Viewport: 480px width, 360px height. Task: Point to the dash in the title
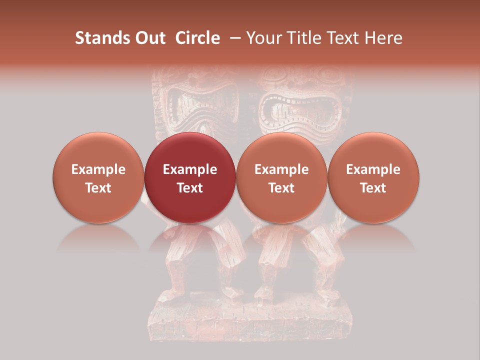pyautogui.click(x=233, y=38)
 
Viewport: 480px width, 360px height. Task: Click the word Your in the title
pyautogui.click(x=261, y=38)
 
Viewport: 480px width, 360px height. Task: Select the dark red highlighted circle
pyautogui.click(x=190, y=177)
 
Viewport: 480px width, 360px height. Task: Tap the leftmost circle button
pyautogui.click(x=98, y=177)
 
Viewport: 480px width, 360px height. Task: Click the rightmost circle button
pyautogui.click(x=373, y=177)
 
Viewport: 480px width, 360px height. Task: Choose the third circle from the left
pyautogui.click(x=281, y=177)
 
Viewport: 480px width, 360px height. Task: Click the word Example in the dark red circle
pyautogui.click(x=190, y=169)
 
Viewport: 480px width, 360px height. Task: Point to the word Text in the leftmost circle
pyautogui.click(x=98, y=188)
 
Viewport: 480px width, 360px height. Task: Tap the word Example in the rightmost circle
pyautogui.click(x=373, y=169)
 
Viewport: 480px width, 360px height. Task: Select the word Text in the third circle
pyautogui.click(x=281, y=188)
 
